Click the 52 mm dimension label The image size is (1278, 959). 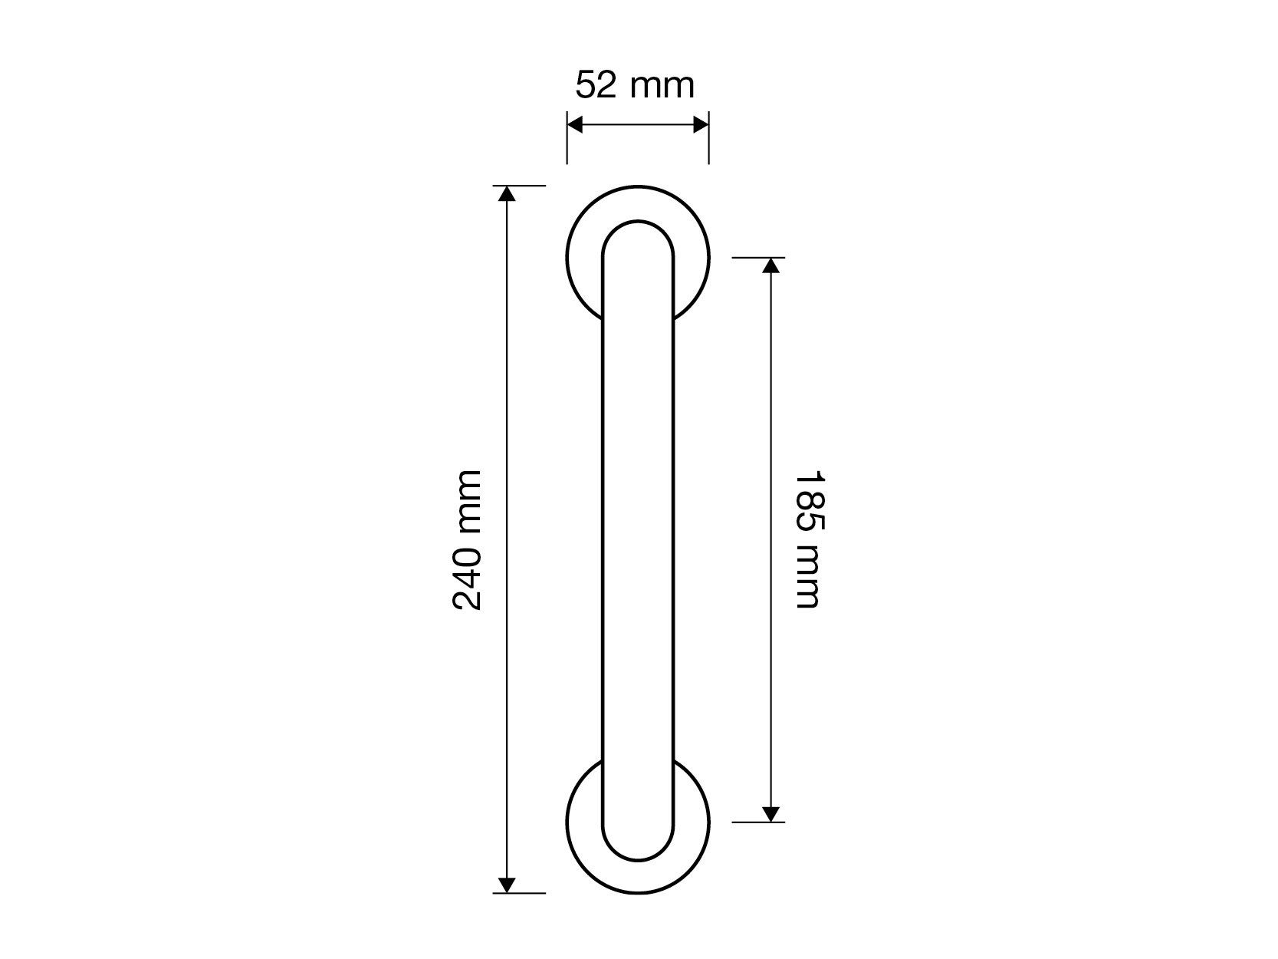[x=635, y=85]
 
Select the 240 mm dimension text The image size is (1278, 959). [x=467, y=540]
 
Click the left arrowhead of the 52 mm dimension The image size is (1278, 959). [x=575, y=125]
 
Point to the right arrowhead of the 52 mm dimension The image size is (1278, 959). [x=701, y=125]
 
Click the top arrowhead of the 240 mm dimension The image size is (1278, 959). [x=507, y=193]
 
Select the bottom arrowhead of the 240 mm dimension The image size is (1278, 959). [x=507, y=885]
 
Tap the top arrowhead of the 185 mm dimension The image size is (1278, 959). [x=771, y=265]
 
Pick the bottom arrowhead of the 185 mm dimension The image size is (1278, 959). [x=771, y=814]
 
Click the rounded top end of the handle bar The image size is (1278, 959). [x=638, y=222]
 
